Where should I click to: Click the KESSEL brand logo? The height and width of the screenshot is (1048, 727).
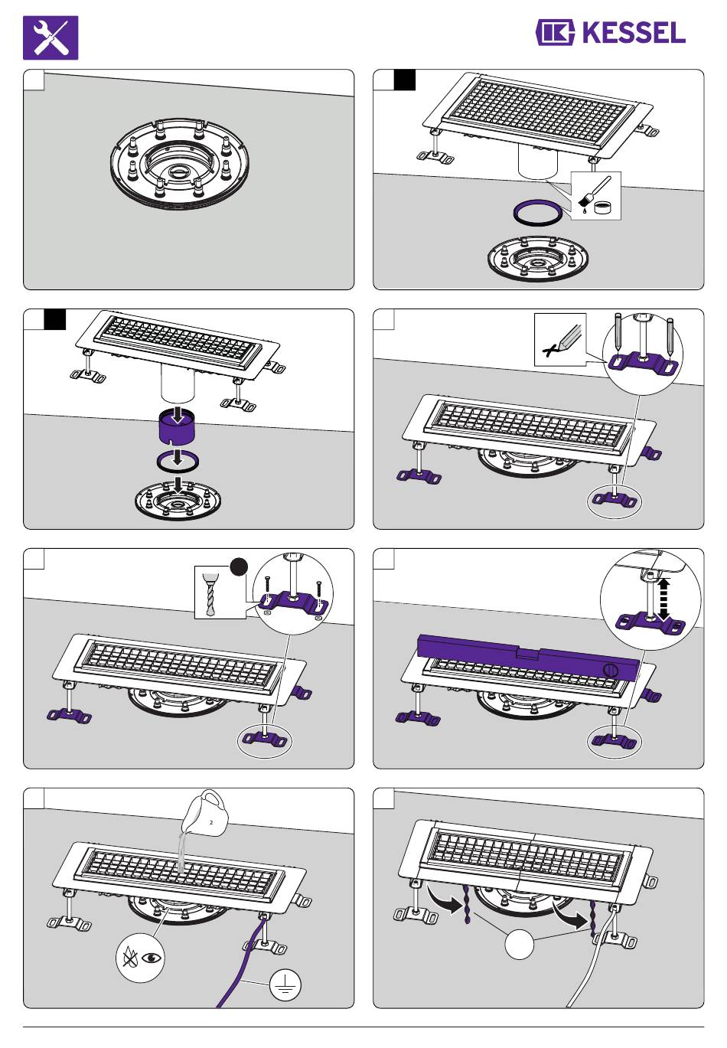pos(610,33)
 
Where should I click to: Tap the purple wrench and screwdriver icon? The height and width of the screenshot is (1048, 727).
pos(51,38)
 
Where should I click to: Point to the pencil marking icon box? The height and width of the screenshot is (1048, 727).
pos(559,338)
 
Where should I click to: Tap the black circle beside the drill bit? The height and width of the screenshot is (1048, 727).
pos(239,567)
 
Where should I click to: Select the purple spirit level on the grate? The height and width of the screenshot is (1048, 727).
pos(528,655)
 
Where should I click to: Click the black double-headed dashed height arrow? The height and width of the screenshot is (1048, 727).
pos(663,598)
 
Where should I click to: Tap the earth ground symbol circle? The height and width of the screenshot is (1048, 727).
pos(285,986)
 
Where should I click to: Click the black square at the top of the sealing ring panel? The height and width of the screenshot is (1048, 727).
pos(405,80)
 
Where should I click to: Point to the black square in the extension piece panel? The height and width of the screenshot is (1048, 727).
pos(55,318)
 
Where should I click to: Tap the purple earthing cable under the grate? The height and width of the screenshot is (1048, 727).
pos(243,965)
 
